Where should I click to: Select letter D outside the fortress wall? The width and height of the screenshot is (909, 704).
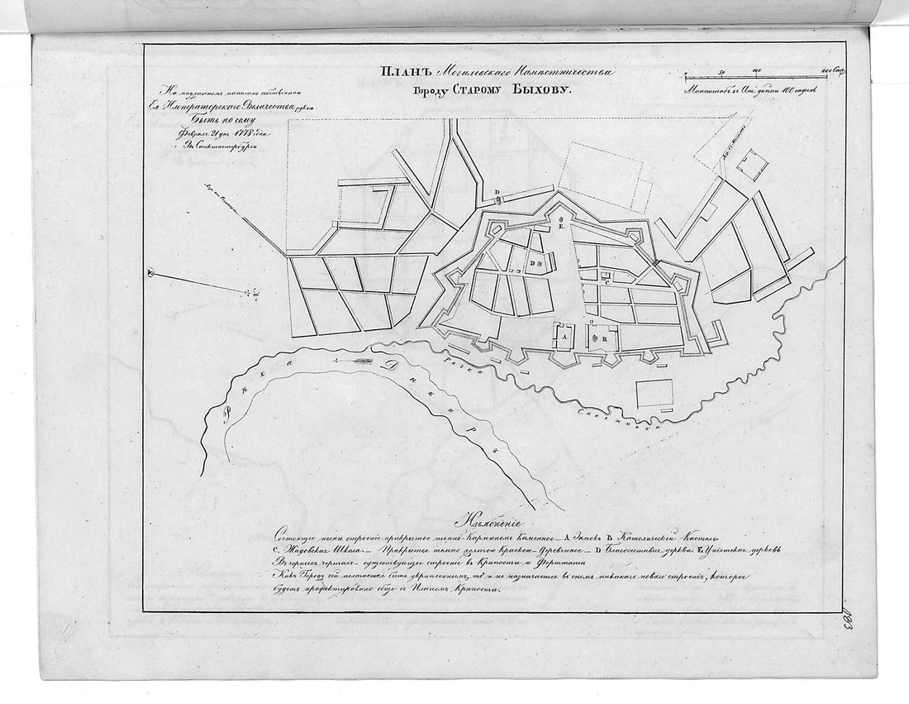tap(497, 192)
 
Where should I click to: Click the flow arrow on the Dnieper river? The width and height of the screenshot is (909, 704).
tap(351, 362)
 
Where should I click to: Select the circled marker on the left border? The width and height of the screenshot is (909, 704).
tap(150, 274)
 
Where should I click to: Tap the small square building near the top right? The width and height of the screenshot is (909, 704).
tap(752, 164)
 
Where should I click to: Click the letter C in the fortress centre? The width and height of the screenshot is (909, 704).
tap(607, 282)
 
